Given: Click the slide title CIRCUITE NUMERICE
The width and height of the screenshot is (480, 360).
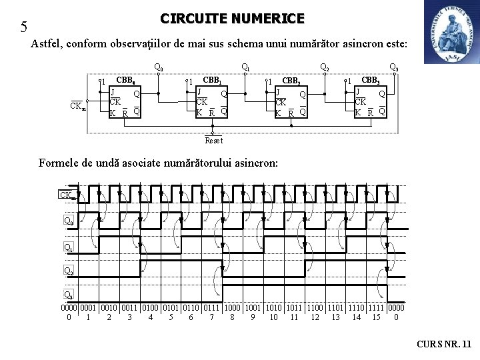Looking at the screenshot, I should (232, 19).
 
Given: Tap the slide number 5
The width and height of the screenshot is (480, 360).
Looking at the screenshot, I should (24, 27).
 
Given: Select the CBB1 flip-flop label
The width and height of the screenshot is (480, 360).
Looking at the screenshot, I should (213, 81).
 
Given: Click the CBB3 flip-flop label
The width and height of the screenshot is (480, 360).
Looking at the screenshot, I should (370, 81).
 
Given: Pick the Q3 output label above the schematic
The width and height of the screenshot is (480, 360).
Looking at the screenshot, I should (393, 67).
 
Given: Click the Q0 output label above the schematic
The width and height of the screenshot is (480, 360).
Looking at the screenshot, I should (159, 67).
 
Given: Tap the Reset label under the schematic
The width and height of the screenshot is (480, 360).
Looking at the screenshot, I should (214, 141).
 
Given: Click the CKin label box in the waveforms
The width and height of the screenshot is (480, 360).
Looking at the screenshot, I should (67, 195).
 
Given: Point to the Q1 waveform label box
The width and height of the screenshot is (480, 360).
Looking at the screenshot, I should (68, 247).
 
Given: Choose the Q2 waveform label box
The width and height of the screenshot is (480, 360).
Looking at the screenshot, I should (68, 271).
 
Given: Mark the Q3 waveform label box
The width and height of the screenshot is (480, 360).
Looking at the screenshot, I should (68, 295).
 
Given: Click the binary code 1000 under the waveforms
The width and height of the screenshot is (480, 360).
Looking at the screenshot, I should (231, 308).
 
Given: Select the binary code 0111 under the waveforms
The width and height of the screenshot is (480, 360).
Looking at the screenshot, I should (211, 308).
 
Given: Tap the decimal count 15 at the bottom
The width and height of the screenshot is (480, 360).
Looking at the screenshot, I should (376, 317).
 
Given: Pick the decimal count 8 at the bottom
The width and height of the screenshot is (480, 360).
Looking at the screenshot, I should (231, 317).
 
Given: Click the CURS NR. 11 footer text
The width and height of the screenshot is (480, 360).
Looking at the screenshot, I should (443, 344).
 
